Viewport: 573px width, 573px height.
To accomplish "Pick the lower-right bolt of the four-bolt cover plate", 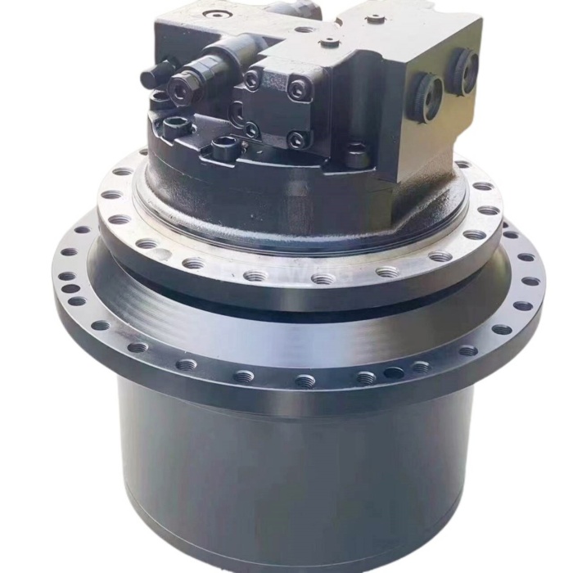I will pos(296,139).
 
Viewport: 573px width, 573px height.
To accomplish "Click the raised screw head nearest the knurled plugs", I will pos(375,18).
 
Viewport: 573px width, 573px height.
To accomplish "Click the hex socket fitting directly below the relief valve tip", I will pos(175,128).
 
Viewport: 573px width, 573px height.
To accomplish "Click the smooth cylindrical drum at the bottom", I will pos(295,475).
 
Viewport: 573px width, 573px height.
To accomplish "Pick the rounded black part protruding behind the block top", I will pos(296,8).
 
